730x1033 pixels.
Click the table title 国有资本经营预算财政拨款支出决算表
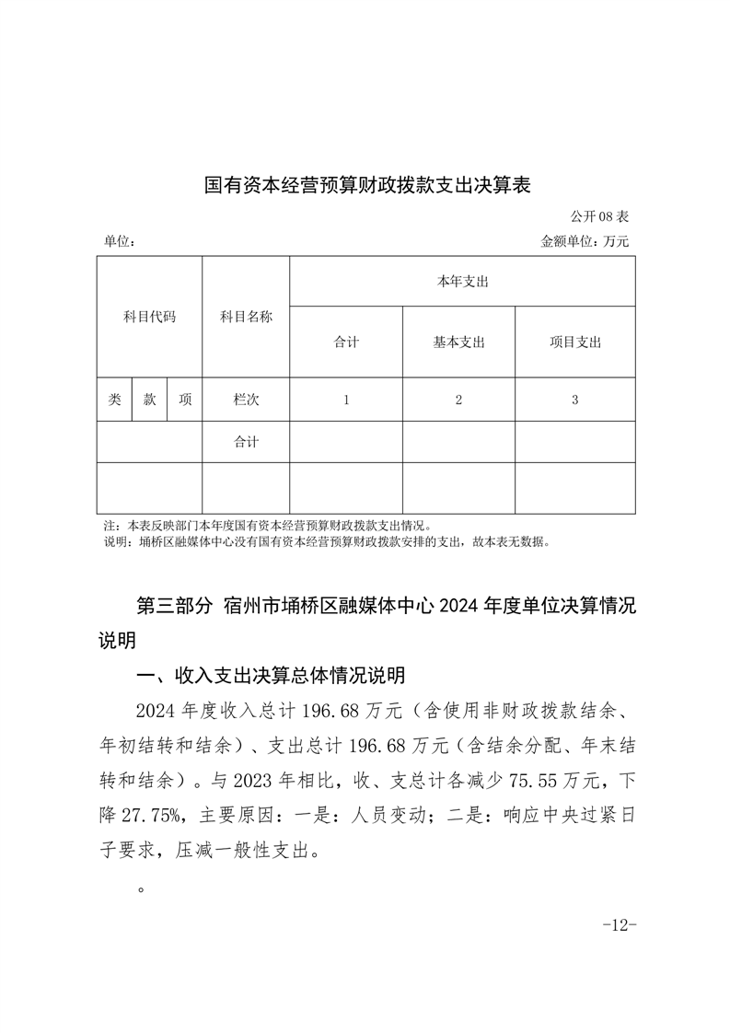[x=367, y=185]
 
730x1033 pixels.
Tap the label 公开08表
[x=599, y=217]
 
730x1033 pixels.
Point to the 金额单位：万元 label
[x=585, y=241]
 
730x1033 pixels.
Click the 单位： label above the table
[x=121, y=241]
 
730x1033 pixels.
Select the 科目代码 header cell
[x=149, y=317]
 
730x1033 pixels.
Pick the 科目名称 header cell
[x=246, y=317]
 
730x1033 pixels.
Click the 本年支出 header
[x=462, y=281]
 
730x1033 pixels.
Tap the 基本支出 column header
[x=458, y=342]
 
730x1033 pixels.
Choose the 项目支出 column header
[x=575, y=342]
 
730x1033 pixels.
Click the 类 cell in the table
[x=114, y=400]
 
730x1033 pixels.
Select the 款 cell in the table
[x=149, y=400]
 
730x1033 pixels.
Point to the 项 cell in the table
[x=185, y=400]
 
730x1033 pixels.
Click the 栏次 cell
[x=246, y=400]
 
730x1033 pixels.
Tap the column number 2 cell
[x=458, y=400]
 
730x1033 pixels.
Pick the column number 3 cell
[x=575, y=400]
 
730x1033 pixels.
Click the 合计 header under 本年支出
[x=346, y=342]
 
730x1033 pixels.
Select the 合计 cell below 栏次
[x=246, y=442]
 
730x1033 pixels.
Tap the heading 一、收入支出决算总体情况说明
[x=270, y=677]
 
